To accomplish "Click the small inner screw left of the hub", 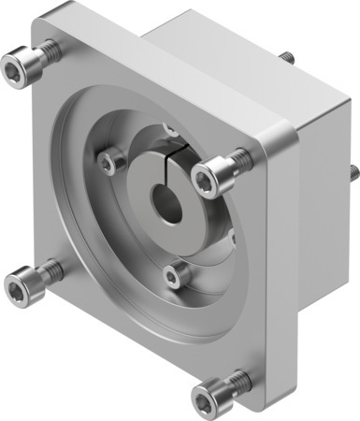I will pyautogui.click(x=112, y=162).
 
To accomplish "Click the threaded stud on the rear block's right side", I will pyautogui.click(x=353, y=172).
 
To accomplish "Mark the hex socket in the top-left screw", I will pyautogui.click(x=16, y=65).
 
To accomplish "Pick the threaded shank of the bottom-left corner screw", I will pyautogui.click(x=50, y=270).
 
